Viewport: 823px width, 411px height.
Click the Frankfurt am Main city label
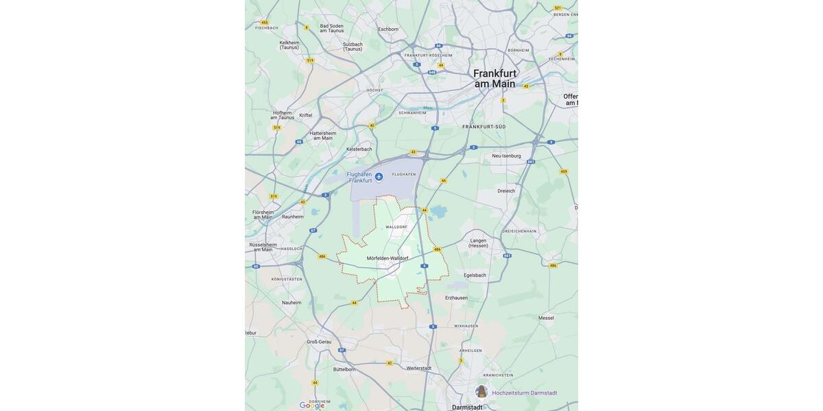[494, 79]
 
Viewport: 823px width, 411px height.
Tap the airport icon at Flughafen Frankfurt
[379, 177]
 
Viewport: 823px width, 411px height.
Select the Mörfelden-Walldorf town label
[387, 258]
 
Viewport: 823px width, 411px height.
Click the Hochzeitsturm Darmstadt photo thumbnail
[481, 392]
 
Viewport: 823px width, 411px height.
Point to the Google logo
[312, 406]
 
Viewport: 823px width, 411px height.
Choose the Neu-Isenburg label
[506, 155]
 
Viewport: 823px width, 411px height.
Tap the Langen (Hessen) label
[478, 243]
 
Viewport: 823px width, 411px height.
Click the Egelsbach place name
[475, 275]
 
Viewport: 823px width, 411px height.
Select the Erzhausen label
[456, 297]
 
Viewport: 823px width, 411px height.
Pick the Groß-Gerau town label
[319, 341]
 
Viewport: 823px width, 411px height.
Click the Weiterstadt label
[419, 368]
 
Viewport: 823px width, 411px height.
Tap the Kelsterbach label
[359, 149]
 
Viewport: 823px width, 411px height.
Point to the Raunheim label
[293, 216]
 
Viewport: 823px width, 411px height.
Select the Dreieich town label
[506, 191]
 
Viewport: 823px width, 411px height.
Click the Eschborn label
[388, 29]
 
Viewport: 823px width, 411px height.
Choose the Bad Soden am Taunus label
[332, 28]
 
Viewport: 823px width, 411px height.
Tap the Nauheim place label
[291, 302]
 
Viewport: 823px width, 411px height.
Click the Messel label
[546, 318]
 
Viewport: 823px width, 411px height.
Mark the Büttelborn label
[344, 369]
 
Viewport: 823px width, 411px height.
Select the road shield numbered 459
[564, 171]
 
